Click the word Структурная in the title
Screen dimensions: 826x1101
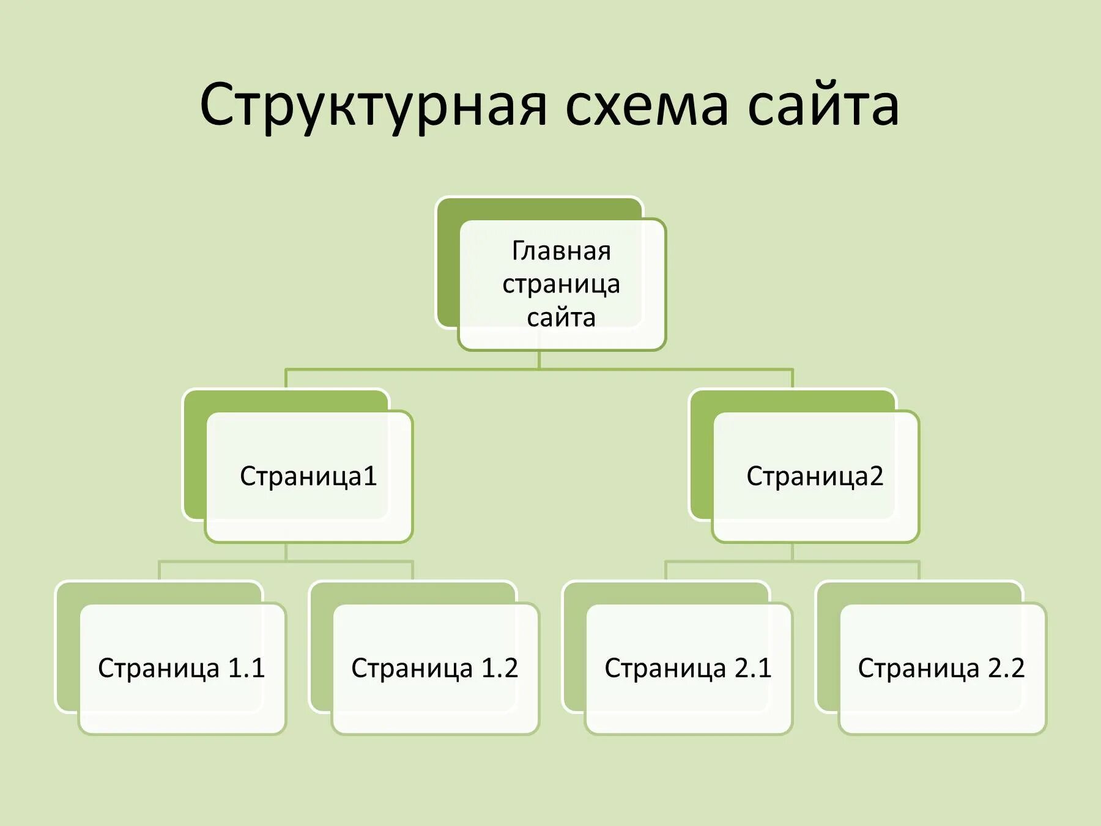point(373,106)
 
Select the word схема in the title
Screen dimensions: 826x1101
point(647,106)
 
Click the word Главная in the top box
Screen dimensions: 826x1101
point(561,251)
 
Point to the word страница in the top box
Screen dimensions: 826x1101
point(561,285)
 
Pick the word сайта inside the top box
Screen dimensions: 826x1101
point(561,318)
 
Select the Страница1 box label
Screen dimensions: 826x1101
point(308,476)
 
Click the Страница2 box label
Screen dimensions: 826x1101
point(815,476)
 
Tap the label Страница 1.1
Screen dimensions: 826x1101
point(182,668)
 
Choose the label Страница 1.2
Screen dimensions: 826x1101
point(435,668)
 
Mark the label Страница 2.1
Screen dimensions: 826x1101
point(688,668)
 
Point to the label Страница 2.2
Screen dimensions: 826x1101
point(941,668)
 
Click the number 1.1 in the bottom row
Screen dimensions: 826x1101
point(247,668)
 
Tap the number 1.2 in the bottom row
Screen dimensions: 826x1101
point(500,668)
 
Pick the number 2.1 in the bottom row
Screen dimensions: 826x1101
point(753,668)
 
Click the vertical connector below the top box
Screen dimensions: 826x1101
point(539,360)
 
